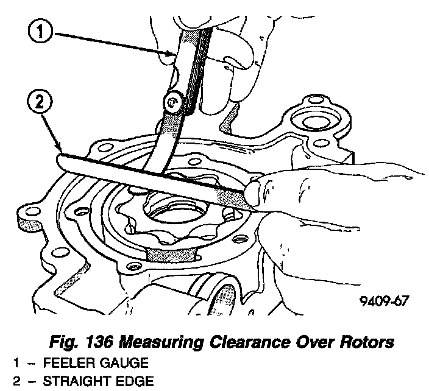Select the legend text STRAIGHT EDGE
point(85,382)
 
